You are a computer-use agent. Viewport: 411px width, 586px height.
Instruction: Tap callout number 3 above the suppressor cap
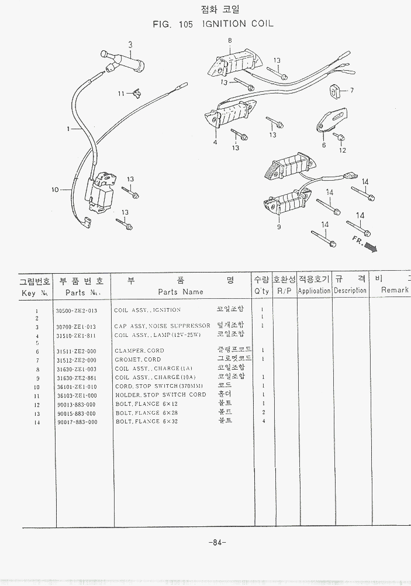[130, 44]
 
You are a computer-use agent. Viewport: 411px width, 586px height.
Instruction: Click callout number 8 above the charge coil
[230, 40]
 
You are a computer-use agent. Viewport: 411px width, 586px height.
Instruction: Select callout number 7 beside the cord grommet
[352, 91]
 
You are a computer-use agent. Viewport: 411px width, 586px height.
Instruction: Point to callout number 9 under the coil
[279, 227]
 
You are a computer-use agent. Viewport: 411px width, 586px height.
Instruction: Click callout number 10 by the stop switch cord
[55, 189]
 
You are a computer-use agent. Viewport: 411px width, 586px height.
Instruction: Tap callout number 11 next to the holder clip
[121, 94]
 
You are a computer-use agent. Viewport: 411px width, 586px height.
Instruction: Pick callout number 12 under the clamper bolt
[343, 150]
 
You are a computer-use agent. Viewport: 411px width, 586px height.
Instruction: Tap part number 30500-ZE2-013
[76, 311]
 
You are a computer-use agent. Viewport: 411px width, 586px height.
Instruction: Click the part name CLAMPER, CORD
[139, 351]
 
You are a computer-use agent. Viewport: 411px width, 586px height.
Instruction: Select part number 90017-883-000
[76, 422]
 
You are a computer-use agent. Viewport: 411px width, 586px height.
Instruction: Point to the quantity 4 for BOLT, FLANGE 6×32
[264, 422]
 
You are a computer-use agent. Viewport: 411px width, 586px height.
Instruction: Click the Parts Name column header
[181, 292]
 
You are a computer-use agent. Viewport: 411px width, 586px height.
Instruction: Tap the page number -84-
[217, 542]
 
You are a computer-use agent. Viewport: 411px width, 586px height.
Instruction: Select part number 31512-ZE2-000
[76, 360]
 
